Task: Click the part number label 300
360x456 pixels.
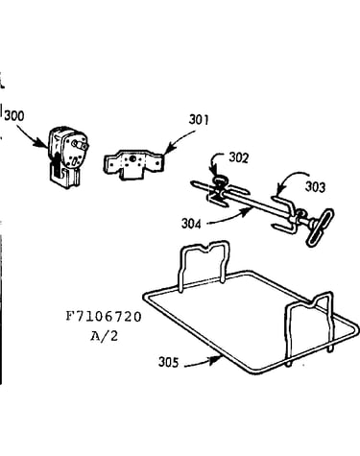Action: [14, 115]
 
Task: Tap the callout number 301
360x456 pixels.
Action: [199, 120]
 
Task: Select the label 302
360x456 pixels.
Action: [238, 157]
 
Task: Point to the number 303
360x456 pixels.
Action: [315, 186]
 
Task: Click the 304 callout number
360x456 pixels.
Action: [191, 224]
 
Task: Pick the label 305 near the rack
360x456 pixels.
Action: [169, 362]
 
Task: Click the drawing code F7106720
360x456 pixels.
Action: [104, 317]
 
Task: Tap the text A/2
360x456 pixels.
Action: [104, 336]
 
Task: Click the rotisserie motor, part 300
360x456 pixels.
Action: [68, 156]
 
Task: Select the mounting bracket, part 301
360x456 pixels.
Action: [133, 164]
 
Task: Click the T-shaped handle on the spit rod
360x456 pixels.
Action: [320, 227]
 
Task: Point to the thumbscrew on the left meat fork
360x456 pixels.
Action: [220, 181]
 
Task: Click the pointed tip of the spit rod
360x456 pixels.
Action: [193, 183]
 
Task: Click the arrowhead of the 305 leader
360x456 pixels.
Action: [218, 359]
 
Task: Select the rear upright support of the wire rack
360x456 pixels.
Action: [204, 247]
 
